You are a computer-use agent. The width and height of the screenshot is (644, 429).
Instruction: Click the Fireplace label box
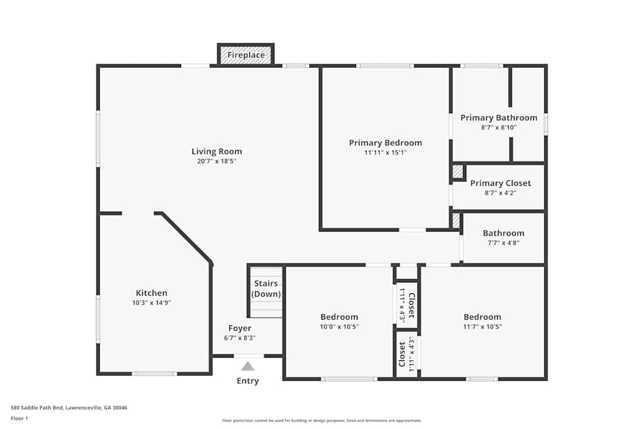point(246,55)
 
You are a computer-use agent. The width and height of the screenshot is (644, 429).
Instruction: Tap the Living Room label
point(217,152)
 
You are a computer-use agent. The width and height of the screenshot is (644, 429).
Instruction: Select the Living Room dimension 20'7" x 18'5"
point(217,161)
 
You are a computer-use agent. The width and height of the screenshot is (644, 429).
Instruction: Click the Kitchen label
point(151,293)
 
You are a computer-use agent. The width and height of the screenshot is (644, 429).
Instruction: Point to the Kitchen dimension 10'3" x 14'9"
point(151,302)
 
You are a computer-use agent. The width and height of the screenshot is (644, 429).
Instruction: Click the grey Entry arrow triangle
point(248,367)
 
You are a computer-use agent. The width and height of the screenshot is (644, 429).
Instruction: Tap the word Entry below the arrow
point(248,381)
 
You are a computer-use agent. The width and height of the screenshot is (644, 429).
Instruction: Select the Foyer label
point(240,328)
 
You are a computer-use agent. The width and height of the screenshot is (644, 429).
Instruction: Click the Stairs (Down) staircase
point(266,292)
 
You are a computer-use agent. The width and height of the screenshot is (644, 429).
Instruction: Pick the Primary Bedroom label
point(386,143)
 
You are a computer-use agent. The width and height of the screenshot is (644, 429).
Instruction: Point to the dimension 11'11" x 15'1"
point(386,152)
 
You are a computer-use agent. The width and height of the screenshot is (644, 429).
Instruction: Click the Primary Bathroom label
point(498,118)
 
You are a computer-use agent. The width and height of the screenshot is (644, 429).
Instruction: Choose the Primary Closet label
point(500,183)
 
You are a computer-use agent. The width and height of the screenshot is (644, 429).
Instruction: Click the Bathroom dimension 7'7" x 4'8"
point(504,242)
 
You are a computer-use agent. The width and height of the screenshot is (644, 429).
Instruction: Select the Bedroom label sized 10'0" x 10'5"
point(339,316)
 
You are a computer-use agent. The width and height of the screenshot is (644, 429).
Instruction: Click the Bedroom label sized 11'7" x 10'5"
point(482,316)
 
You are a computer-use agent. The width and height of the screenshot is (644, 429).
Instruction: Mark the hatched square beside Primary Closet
point(457,172)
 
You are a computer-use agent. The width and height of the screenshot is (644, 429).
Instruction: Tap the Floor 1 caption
point(19,418)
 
